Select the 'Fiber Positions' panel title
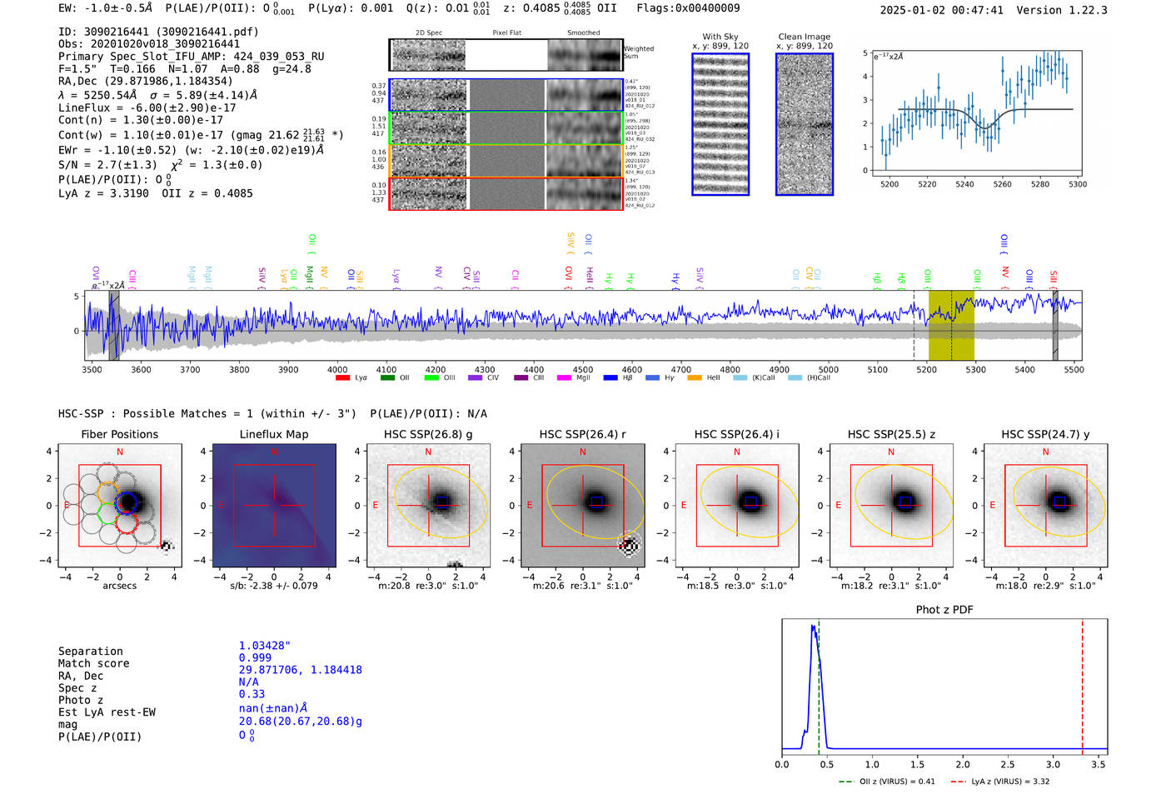pos(119,434)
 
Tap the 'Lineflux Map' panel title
pos(273,434)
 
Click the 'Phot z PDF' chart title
pos(944,609)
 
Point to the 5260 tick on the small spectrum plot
pos(1002,184)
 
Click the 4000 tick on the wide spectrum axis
pos(337,369)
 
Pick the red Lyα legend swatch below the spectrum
pos(342,378)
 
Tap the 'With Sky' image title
pos(720,37)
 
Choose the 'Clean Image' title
pos(804,37)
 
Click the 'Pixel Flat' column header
pos(506,32)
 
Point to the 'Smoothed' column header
pos(583,32)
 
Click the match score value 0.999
pos(255,657)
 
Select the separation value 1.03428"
pos(265,646)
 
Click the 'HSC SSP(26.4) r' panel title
pos(582,434)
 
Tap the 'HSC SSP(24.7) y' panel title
pos(1045,434)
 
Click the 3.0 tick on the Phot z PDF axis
pos(1053,764)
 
